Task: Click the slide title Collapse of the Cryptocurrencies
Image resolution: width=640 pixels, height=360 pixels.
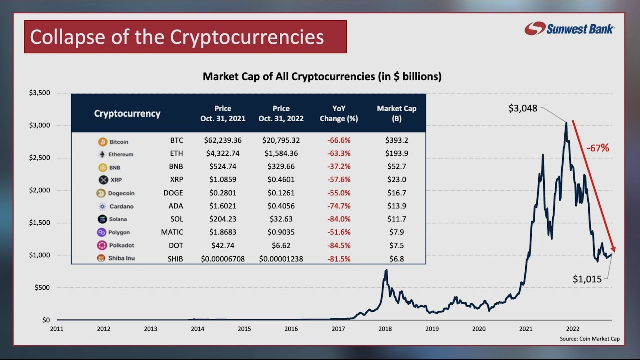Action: [177, 37]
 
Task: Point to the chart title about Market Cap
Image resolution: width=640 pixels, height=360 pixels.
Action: [322, 77]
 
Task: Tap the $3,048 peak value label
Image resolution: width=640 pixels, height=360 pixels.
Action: [522, 108]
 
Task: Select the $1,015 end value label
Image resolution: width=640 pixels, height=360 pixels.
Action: [587, 279]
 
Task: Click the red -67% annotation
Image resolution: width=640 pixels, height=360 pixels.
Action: [598, 148]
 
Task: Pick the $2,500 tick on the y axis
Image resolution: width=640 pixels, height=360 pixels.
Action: [39, 158]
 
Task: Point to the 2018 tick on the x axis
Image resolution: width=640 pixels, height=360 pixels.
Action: [385, 329]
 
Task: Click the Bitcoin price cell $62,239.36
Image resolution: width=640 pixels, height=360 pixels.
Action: [223, 141]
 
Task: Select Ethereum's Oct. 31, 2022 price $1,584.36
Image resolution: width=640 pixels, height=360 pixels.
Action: [281, 154]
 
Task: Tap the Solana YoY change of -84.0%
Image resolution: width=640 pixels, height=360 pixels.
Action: [339, 219]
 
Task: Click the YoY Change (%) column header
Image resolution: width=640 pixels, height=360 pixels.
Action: [339, 114]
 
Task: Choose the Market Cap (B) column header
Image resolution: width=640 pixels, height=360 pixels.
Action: [396, 114]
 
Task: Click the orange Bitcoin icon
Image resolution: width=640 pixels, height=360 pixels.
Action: [103, 142]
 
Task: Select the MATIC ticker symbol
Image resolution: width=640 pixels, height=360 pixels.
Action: [172, 232]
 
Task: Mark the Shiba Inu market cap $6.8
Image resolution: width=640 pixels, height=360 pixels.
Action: [396, 259]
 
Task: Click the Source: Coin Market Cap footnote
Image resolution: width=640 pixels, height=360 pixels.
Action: [589, 339]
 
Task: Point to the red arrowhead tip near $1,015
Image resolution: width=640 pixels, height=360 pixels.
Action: [614, 252]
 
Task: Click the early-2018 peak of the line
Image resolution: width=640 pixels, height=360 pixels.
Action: [386, 270]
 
